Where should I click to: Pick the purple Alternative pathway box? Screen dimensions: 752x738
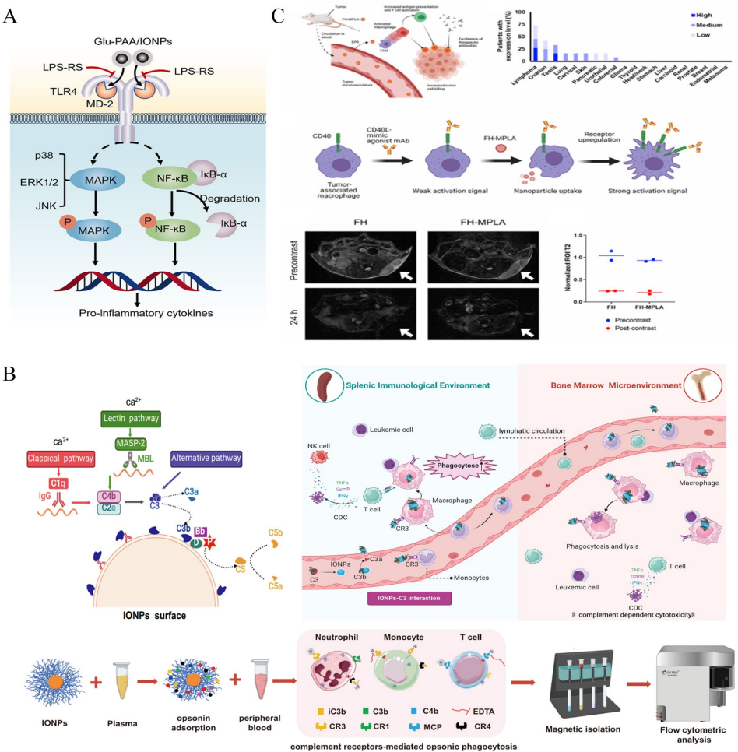[204, 459]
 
